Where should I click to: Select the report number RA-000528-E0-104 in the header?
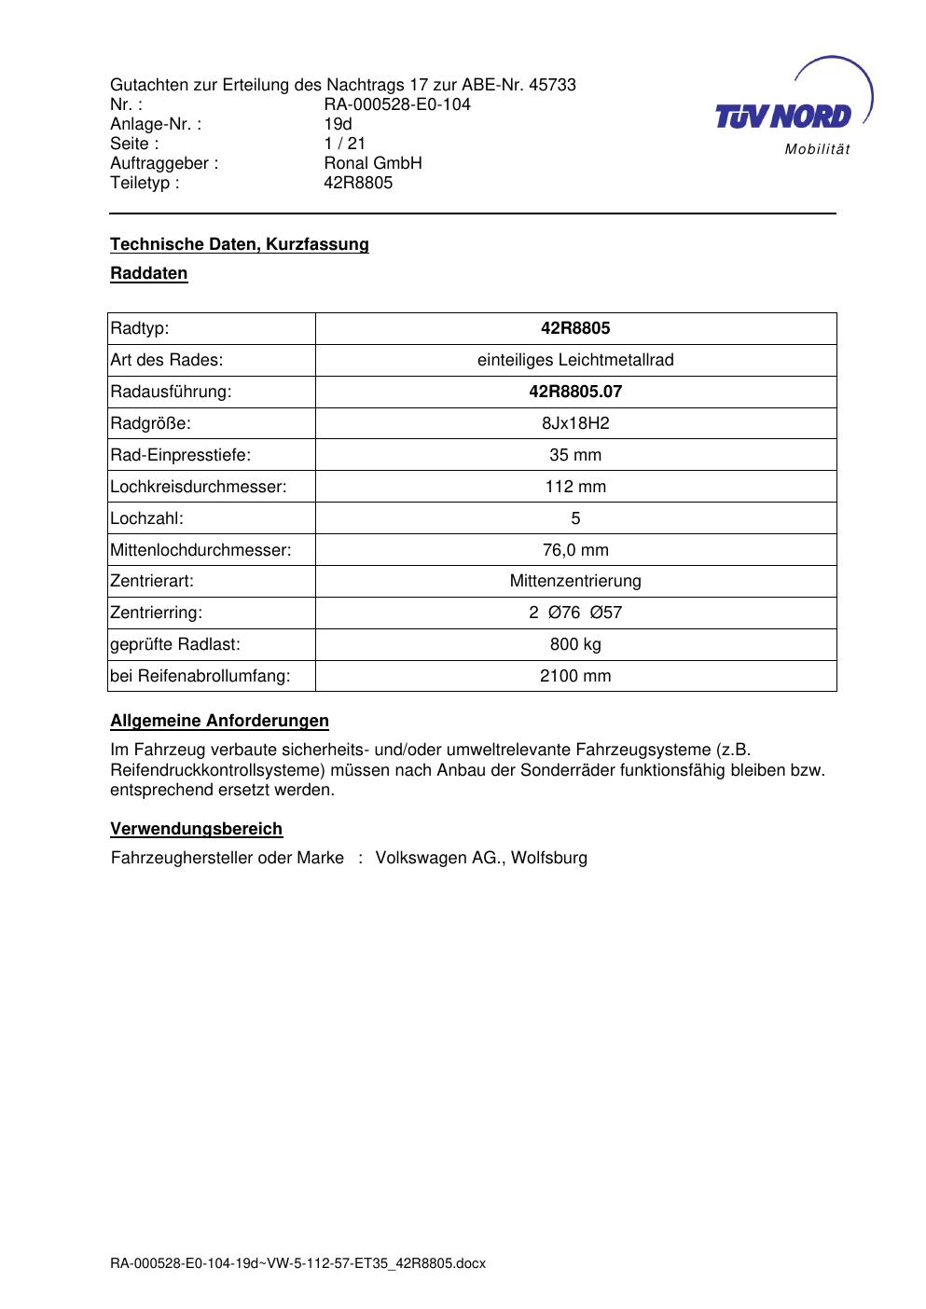(x=397, y=104)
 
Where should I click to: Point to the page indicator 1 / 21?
(x=344, y=144)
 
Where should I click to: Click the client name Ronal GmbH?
(x=373, y=163)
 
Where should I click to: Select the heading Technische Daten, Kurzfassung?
(x=240, y=244)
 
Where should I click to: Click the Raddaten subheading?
(x=149, y=274)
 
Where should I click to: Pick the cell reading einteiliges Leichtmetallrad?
(x=575, y=360)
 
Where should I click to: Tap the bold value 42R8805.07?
(x=575, y=392)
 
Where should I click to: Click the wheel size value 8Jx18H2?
(x=575, y=423)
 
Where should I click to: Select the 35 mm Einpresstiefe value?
(x=575, y=455)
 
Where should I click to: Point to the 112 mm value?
(x=575, y=487)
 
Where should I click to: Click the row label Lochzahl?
(x=147, y=518)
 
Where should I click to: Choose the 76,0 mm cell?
(x=575, y=550)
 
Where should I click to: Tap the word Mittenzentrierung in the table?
(x=575, y=581)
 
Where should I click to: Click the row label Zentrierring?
(x=156, y=613)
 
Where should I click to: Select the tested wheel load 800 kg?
(x=575, y=644)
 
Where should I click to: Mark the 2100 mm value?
(x=575, y=676)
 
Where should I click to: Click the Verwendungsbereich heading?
(x=197, y=829)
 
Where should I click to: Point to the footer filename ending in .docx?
(x=298, y=1264)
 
